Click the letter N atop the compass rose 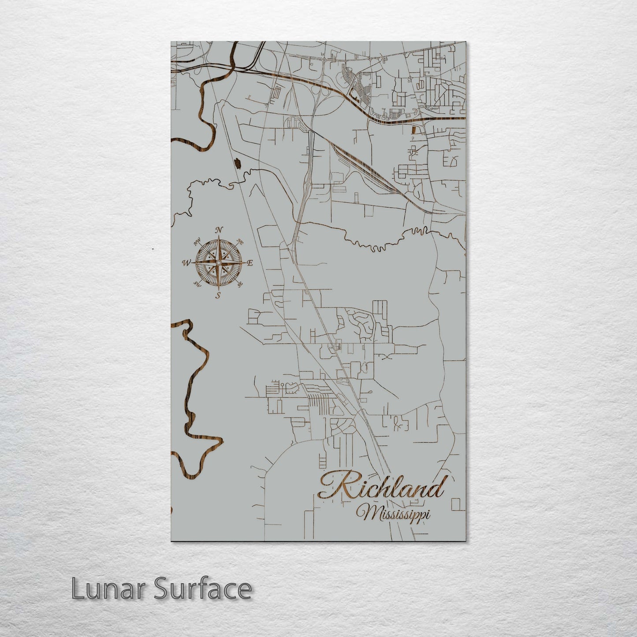pos(219,230)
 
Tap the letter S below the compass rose pos(218,296)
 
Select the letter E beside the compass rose pos(250,263)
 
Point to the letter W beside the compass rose pos(186,263)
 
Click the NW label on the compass pos(197,241)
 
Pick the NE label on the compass pos(240,242)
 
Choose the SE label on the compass pos(240,285)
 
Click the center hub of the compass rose pos(218,263)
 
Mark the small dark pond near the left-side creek pos(238,164)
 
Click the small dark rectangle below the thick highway pos(413,130)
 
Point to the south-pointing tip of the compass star pos(218,290)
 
